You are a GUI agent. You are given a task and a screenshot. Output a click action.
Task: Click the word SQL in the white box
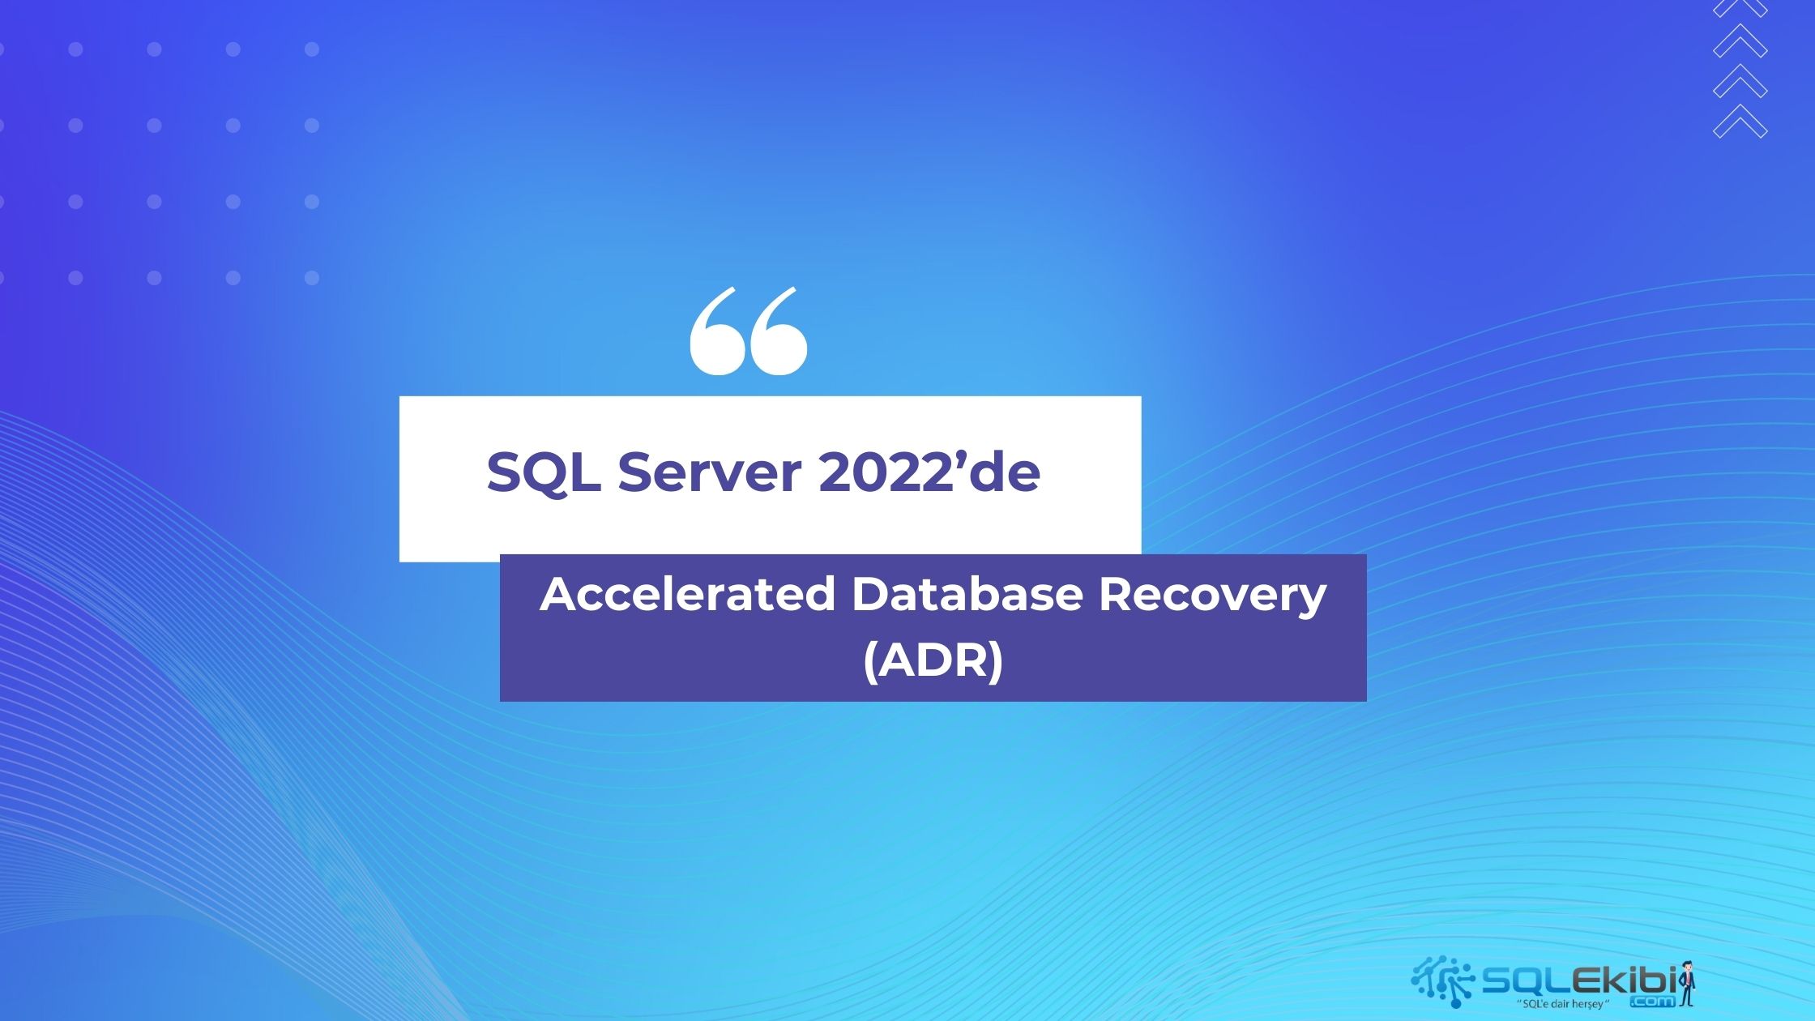coord(543,472)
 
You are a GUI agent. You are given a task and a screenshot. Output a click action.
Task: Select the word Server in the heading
coord(709,472)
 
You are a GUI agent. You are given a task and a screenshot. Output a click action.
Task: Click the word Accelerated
coord(687,594)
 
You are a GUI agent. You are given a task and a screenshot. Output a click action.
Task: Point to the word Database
coord(967,594)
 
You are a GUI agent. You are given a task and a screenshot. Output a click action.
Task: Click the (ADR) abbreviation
coord(933,661)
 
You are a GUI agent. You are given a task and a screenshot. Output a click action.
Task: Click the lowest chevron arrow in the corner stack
coord(1740,122)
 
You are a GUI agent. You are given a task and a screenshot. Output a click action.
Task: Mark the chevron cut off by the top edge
coord(1740,8)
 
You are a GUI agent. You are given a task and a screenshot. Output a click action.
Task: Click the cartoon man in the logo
coord(1687,983)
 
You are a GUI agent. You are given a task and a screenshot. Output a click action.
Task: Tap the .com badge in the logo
coord(1652,1002)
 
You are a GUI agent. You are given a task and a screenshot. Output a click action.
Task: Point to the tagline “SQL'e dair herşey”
coord(1561,1005)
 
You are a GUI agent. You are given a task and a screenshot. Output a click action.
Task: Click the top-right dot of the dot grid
coord(312,49)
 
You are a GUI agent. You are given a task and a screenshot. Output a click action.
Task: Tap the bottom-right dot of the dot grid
coord(312,278)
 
